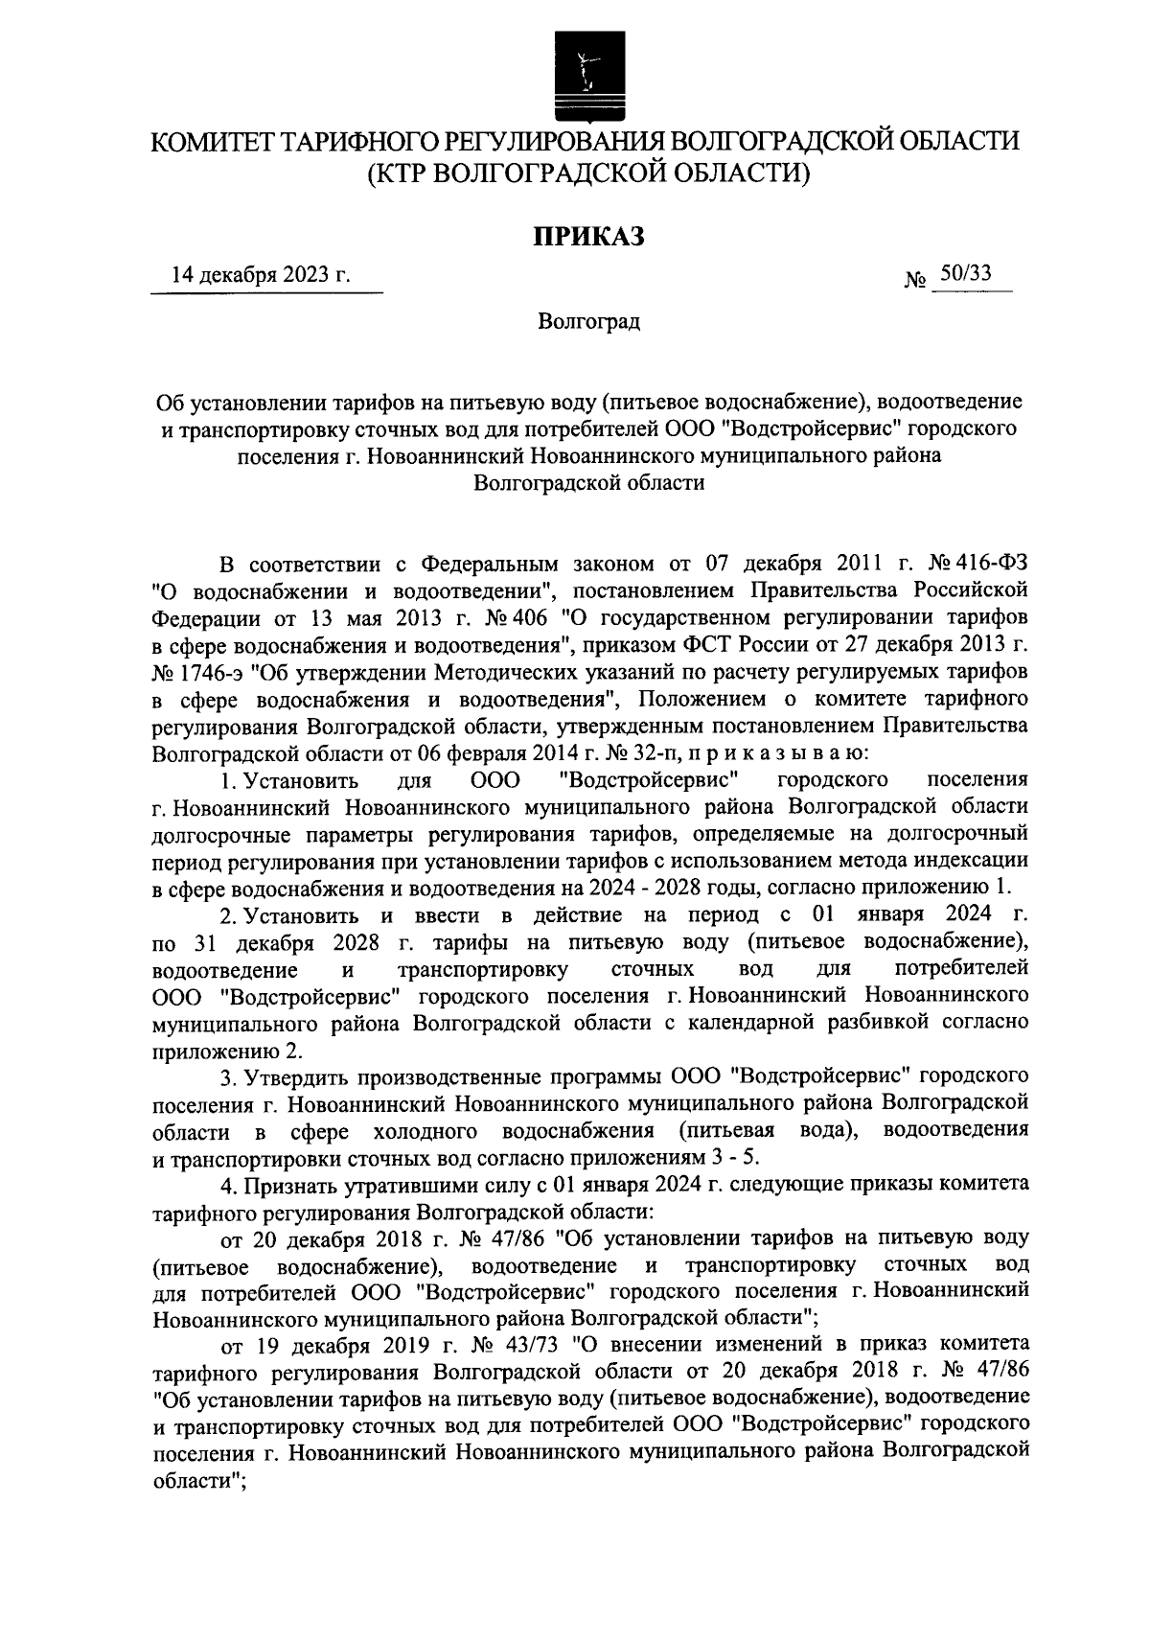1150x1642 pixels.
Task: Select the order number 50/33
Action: click(965, 274)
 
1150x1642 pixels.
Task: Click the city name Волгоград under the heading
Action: click(587, 321)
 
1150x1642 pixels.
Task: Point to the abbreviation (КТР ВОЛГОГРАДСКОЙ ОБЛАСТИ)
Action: click(587, 173)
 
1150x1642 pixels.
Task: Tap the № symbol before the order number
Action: click(915, 281)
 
